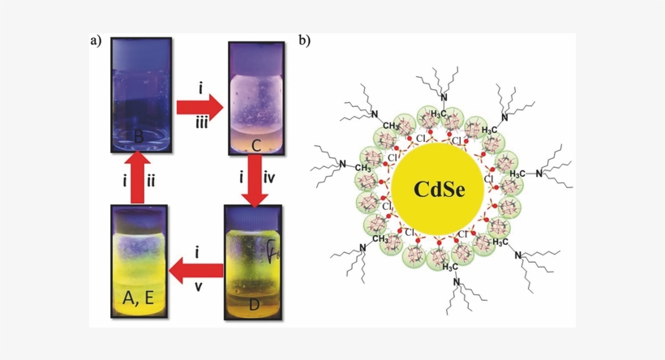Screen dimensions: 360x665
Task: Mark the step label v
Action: [198, 285]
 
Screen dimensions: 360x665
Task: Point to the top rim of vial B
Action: [138, 49]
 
